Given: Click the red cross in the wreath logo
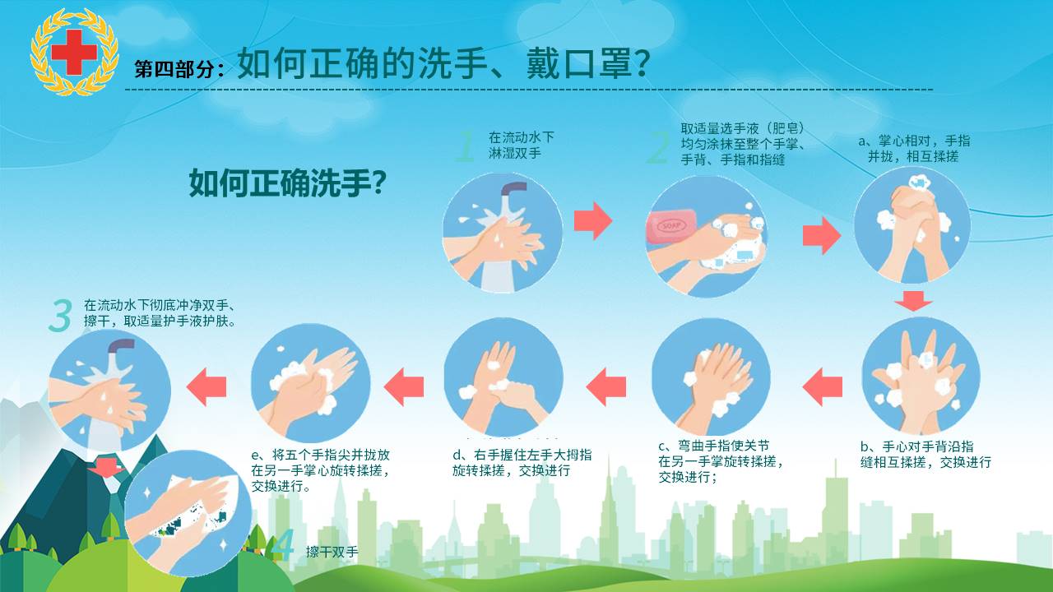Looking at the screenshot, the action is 74,52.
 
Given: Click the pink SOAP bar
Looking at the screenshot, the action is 670,226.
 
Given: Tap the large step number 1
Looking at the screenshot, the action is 466,146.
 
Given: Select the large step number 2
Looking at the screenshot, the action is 657,147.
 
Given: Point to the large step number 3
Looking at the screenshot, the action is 60,316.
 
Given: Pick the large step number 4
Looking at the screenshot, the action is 283,545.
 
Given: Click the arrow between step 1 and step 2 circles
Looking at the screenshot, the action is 593,221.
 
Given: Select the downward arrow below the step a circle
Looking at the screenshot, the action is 913,301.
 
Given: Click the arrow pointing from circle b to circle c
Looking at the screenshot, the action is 822,387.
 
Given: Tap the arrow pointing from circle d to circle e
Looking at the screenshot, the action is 403,387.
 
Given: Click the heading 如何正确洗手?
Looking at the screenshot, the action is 288,183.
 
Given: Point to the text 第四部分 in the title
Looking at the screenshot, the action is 174,69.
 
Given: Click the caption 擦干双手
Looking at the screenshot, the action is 332,552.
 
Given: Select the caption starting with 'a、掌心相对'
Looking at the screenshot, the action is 914,149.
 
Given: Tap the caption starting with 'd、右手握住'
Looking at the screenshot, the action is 522,463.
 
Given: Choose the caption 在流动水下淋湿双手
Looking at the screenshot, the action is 522,146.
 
